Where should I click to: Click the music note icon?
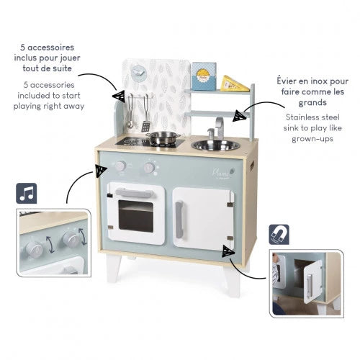27,193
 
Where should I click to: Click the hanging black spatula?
146,124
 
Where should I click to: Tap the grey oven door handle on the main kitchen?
135,191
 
